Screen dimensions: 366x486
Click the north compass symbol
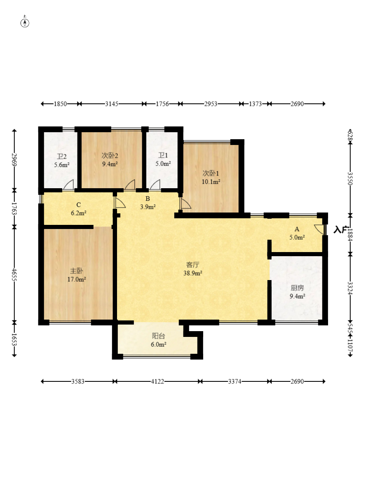[25, 22]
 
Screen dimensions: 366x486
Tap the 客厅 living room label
[192, 265]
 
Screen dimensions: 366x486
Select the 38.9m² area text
[192, 273]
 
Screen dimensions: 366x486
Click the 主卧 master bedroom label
[76, 271]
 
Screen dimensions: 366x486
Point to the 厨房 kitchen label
[297, 288]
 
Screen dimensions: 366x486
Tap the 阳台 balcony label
[158, 336]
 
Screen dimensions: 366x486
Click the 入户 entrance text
[340, 230]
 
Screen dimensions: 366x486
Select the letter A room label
[297, 229]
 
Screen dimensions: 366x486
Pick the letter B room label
[148, 199]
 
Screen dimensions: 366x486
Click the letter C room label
[78, 205]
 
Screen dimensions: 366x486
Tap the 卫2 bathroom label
[61, 157]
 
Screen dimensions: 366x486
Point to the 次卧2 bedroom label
[110, 156]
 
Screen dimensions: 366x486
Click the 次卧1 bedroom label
[211, 173]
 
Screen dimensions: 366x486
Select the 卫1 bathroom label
[163, 155]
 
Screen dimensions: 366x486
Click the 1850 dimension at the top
[60, 104]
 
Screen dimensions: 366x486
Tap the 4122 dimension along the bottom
[157, 381]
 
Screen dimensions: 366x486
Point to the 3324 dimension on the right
[350, 288]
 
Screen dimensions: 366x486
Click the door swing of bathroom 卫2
[68, 185]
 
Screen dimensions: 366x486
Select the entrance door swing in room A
[319, 229]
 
